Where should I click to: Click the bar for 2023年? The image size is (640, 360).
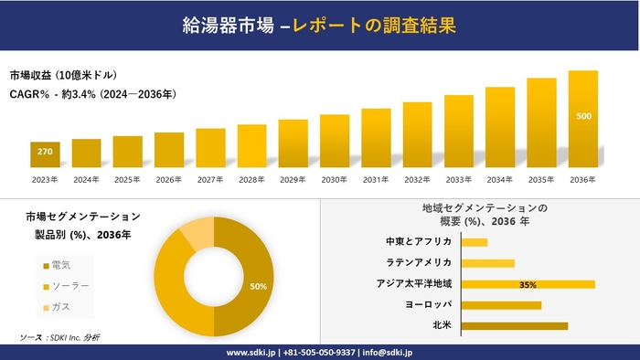45,154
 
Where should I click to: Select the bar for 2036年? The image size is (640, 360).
582,119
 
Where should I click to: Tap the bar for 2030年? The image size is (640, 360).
335,141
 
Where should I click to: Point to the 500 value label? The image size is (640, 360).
583,116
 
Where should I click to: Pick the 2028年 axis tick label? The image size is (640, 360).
251,179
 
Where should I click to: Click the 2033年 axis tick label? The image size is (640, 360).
458,179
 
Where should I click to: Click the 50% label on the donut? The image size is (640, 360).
259,286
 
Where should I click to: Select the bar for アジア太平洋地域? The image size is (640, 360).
528,284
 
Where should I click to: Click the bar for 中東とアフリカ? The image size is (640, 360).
475,242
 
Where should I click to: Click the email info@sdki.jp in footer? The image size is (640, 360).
388,352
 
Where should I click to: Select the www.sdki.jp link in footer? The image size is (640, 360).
252,352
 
